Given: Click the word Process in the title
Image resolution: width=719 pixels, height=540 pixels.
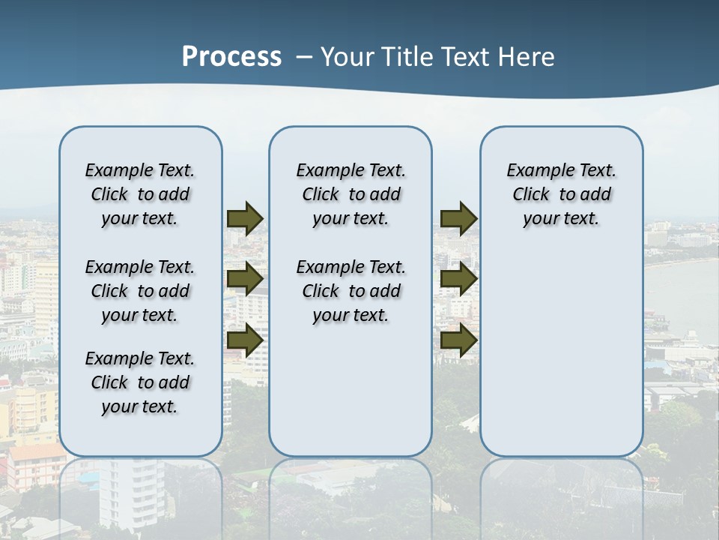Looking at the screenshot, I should coord(231,56).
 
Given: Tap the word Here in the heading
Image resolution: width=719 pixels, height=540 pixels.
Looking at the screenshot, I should coord(529,57).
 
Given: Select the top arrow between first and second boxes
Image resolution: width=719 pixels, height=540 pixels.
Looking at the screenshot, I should coord(245,218).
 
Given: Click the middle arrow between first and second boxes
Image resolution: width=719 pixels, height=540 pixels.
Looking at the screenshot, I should coord(245,279).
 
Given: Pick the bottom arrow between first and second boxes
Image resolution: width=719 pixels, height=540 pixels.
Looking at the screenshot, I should coord(245,340).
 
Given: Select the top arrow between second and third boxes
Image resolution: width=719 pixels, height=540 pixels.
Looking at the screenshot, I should coord(458,218).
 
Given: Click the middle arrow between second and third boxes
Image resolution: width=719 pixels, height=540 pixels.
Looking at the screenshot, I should coord(458,279).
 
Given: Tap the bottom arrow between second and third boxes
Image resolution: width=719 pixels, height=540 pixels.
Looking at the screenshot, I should coord(458,340).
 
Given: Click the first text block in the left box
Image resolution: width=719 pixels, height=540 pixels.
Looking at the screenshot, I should coord(140,194).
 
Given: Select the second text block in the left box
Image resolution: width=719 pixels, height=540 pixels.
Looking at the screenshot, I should coord(140,291).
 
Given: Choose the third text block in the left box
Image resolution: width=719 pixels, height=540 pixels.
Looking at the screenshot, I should coord(140,382).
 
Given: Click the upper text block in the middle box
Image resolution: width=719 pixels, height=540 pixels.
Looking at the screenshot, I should coord(351,194).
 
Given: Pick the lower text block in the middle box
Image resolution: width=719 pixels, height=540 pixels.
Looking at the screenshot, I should coord(351,291).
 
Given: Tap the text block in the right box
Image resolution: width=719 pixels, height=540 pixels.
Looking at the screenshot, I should coord(561,194).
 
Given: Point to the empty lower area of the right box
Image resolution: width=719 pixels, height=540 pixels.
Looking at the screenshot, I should coord(561,352).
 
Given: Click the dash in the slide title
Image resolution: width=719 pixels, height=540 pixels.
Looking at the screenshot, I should coord(304,57).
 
